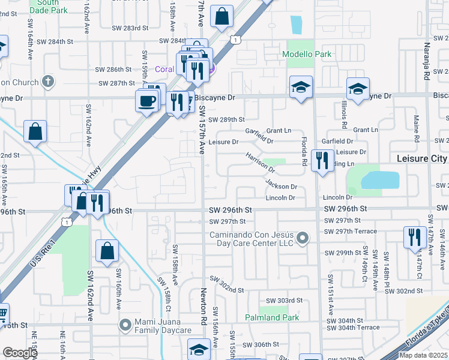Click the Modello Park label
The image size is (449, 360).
coord(307,55)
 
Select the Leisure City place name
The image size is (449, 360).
coord(422,158)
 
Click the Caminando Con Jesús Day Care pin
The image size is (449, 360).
coord(303,239)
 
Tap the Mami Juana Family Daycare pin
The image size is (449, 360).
coord(125,325)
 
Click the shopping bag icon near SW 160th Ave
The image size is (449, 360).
coord(107,251)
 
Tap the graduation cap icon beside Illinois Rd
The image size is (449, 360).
coord(358,90)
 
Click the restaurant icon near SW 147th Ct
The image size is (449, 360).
coord(414,237)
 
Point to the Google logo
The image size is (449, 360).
coord(20,353)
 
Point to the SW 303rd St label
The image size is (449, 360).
coord(285,301)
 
